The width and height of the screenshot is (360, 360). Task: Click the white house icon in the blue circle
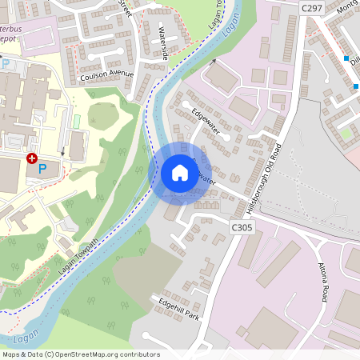coord(180,173)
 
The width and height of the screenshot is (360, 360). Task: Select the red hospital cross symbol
coord(32,159)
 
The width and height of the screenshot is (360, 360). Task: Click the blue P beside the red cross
coord(43,169)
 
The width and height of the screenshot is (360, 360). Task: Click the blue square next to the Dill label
coord(346,58)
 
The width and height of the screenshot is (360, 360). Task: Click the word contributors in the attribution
coord(138,354)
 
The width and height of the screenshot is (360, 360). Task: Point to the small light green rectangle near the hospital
coord(77,122)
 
